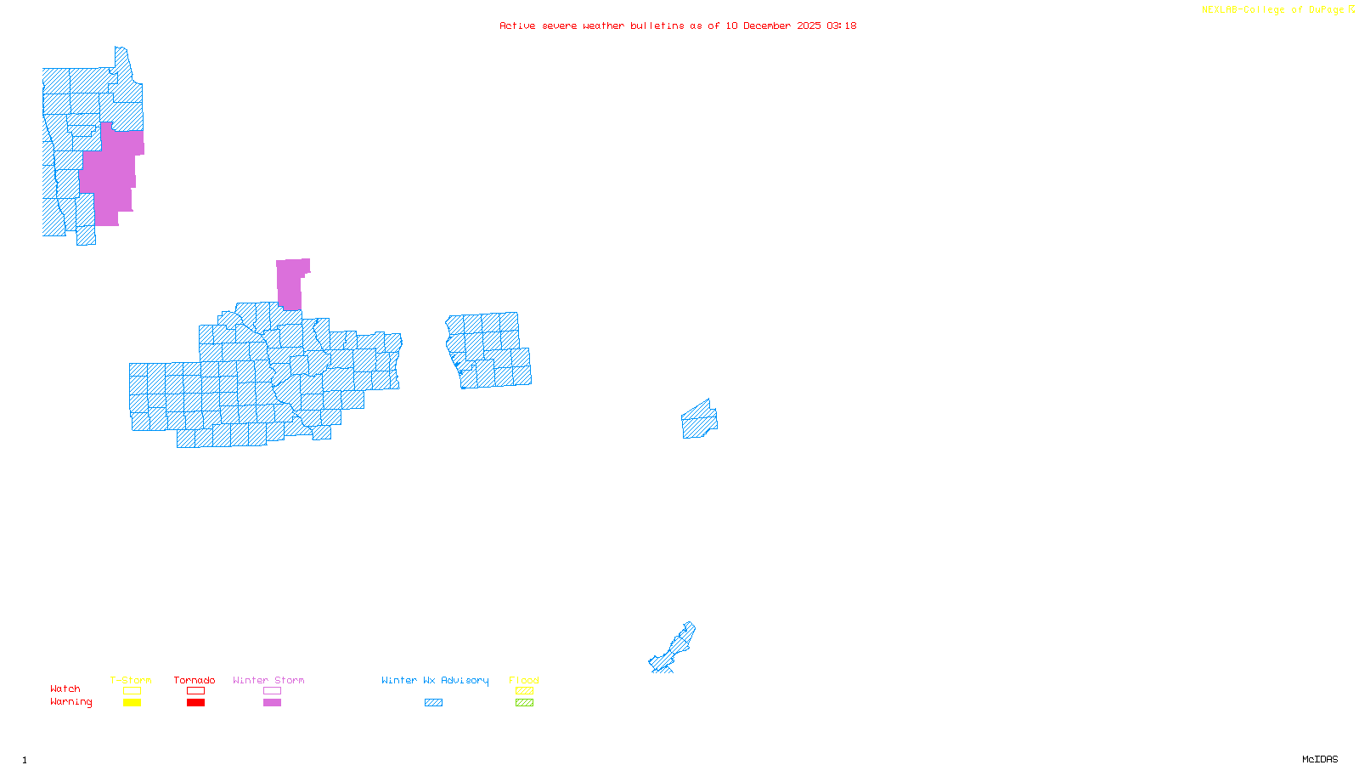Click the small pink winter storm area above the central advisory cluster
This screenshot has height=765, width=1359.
coord(290,284)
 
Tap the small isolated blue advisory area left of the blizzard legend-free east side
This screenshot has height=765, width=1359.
coord(699,420)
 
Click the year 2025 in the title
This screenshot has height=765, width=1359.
coord(809,25)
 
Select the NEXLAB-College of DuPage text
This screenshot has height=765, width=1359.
coord(1272,10)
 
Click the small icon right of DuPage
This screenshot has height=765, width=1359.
coord(1351,9)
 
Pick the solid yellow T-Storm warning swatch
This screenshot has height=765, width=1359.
coord(132,703)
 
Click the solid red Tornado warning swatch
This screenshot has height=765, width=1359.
coord(195,703)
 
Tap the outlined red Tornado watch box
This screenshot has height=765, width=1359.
coord(195,691)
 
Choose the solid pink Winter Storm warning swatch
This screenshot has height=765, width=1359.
coord(272,703)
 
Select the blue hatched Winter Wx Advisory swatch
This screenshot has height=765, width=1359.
coord(433,703)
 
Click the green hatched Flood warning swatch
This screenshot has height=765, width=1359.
coord(524,703)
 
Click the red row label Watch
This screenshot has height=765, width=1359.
coord(65,688)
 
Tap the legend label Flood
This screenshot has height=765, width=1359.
coord(524,680)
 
